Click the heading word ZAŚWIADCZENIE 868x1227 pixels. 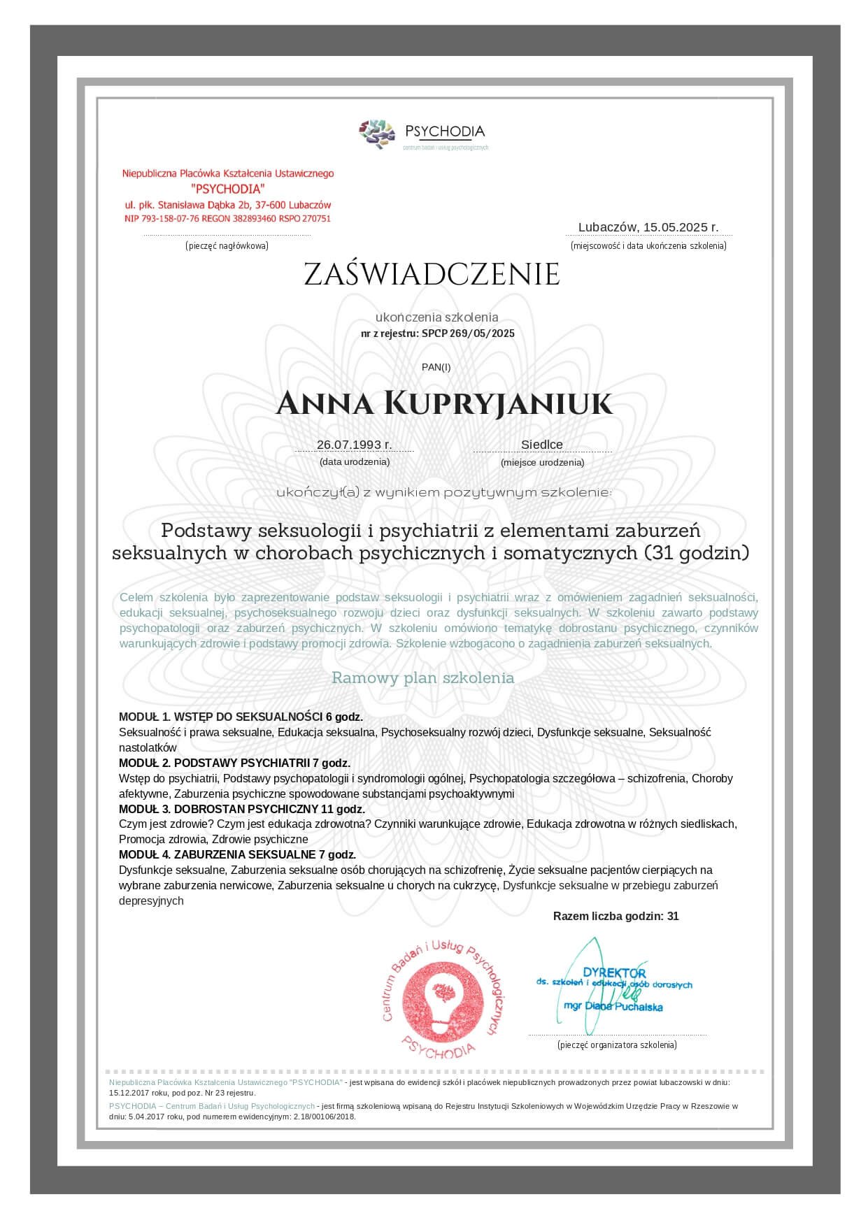(432, 275)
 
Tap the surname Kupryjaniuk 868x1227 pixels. (498, 404)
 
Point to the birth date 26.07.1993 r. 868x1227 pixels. (354, 445)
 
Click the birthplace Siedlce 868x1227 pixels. (541, 445)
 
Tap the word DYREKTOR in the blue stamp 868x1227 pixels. (614, 973)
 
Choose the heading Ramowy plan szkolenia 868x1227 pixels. (422, 677)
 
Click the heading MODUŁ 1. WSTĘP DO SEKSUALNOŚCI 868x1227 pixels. (241, 717)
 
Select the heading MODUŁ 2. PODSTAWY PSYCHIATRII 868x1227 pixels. (234, 763)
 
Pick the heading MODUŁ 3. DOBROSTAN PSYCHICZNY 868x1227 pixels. (241, 809)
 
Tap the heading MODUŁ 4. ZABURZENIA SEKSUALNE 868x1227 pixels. (237, 854)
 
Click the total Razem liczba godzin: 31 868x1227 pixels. (616, 916)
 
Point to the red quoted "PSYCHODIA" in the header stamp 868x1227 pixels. (228, 189)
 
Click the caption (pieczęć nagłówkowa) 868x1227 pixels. (227, 246)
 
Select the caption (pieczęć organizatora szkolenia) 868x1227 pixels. (617, 1045)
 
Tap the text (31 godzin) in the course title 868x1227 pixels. (695, 553)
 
